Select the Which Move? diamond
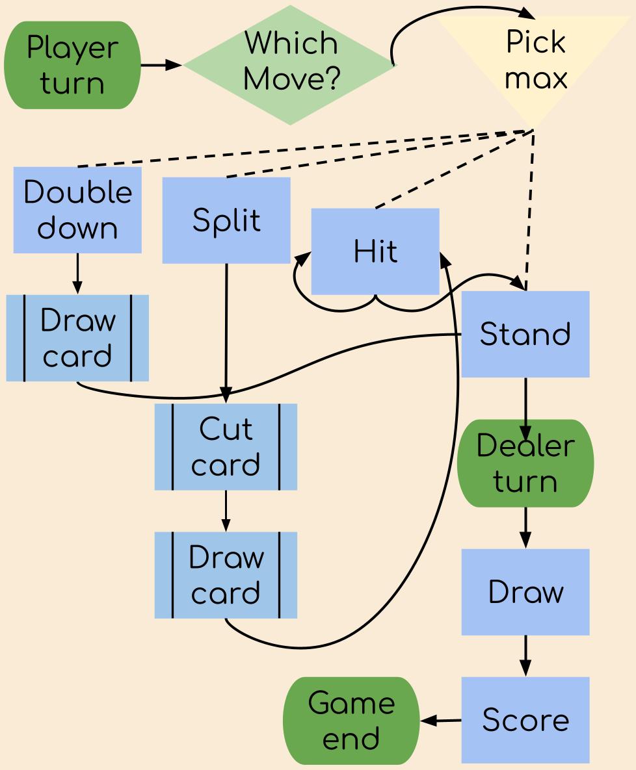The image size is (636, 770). click(289, 65)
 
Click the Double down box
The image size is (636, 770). click(77, 210)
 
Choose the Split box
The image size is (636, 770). click(226, 220)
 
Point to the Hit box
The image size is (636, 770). click(375, 251)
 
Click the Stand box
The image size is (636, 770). click(525, 334)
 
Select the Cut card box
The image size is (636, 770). click(226, 446)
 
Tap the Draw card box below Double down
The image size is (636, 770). click(77, 338)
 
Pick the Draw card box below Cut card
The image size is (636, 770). click(226, 575)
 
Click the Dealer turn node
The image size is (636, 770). click(525, 463)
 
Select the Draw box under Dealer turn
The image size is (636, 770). click(525, 591)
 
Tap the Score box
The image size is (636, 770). click(525, 719)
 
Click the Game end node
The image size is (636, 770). click(351, 721)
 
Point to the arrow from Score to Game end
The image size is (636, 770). click(441, 720)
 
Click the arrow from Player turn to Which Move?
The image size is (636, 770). click(161, 65)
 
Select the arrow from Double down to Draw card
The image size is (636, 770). click(77, 274)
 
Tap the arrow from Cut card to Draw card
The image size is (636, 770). click(226, 511)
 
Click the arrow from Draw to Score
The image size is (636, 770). click(525, 656)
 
